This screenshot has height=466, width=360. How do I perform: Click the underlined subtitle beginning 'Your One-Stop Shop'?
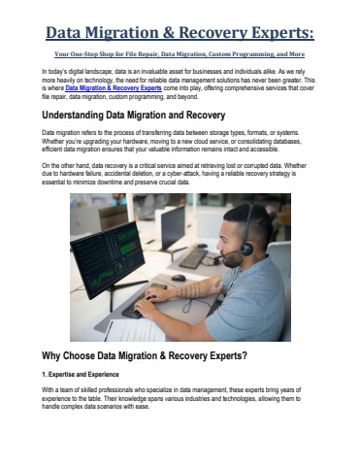pyautogui.click(x=180, y=56)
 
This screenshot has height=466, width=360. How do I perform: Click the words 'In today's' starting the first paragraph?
pyautogui.click(x=57, y=73)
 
